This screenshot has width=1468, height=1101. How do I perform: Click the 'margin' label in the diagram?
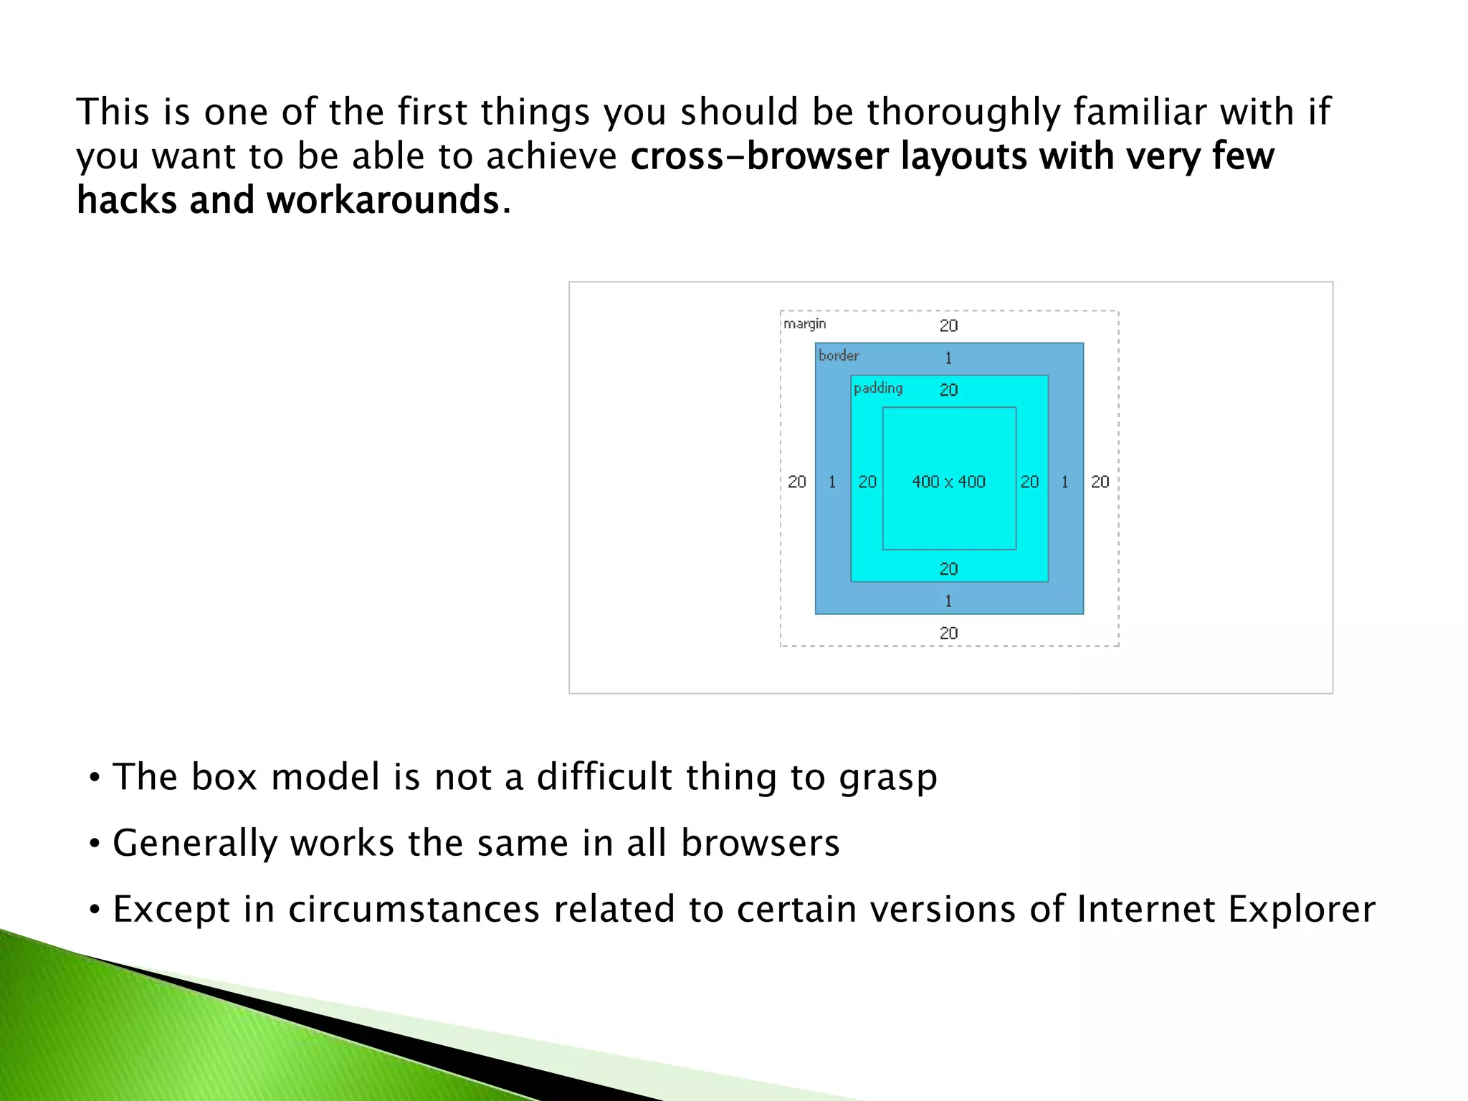click(x=804, y=324)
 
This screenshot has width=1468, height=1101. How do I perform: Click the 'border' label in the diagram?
click(x=839, y=356)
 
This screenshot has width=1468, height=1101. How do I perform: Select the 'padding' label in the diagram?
click(x=878, y=388)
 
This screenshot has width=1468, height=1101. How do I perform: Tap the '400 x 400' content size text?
click(x=948, y=482)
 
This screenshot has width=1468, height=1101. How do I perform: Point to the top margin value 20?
click(x=948, y=325)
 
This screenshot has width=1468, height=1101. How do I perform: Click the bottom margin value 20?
click(x=948, y=633)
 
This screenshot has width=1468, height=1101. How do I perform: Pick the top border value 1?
click(x=948, y=358)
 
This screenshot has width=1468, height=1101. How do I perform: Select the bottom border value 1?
click(x=948, y=601)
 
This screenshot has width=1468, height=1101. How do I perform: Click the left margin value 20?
click(x=797, y=482)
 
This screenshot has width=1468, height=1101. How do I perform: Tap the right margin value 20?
click(x=1100, y=482)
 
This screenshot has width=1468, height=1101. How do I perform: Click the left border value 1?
click(x=832, y=482)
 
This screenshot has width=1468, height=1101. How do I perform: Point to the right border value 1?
click(x=1064, y=482)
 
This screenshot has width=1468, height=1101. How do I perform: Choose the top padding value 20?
click(x=948, y=390)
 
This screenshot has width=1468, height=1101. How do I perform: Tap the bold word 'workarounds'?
click(x=383, y=200)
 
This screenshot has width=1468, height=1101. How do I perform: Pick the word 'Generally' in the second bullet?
click(x=194, y=844)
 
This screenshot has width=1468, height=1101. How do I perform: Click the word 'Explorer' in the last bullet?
click(x=1302, y=909)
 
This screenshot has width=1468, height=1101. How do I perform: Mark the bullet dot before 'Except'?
click(x=95, y=910)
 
